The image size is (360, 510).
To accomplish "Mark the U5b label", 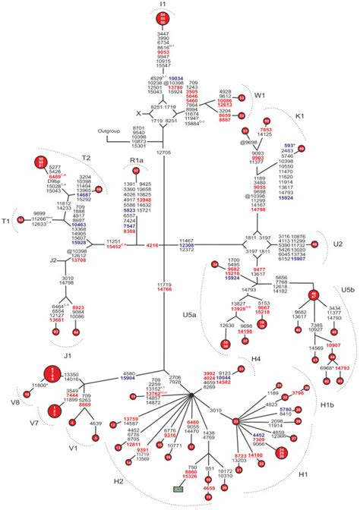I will [x=347, y=290].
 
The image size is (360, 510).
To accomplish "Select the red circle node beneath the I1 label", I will [x=164, y=19].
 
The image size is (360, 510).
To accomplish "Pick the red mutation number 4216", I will [x=152, y=245].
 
